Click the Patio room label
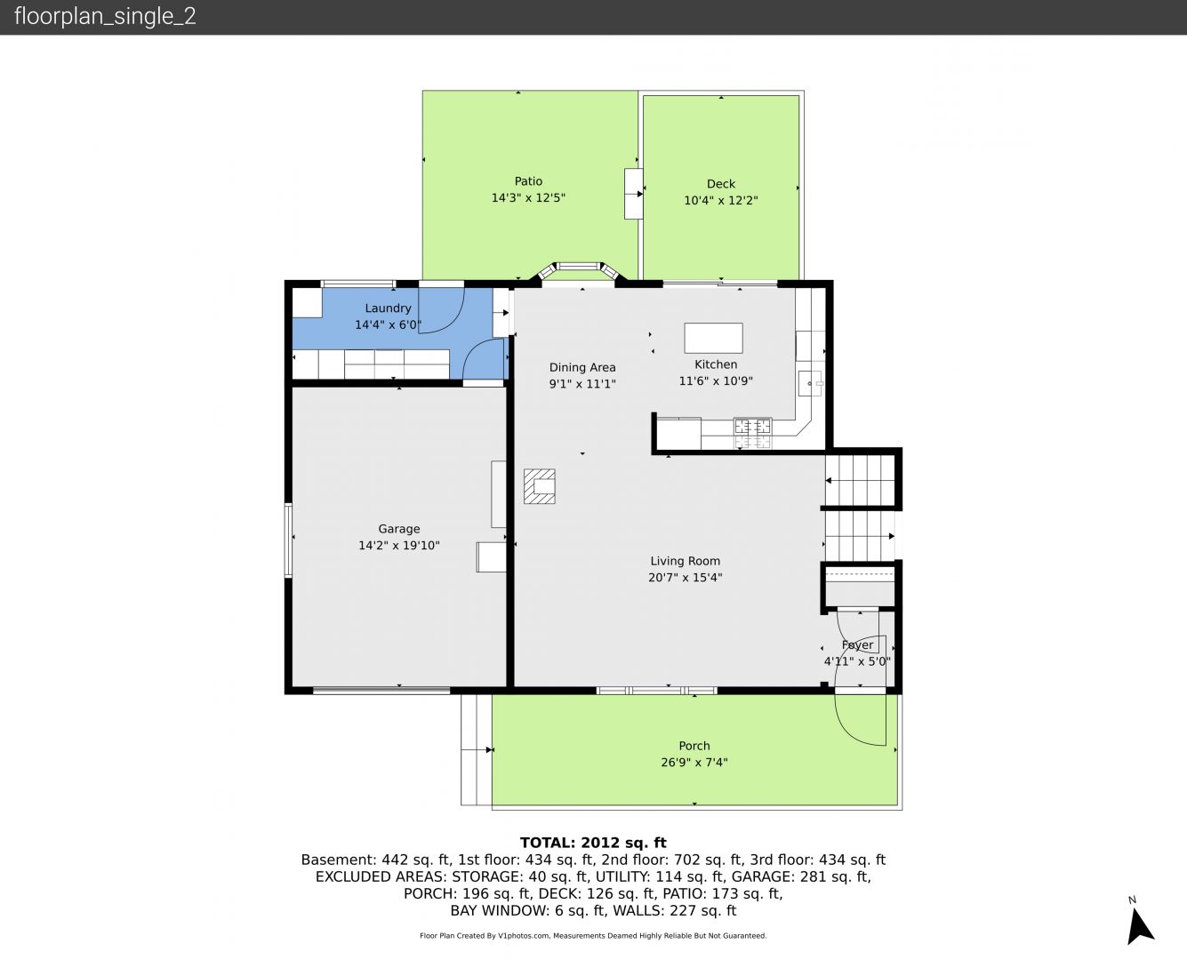click(528, 181)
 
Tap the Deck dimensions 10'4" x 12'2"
click(720, 201)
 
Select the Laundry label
click(388, 308)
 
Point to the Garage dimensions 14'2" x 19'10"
click(399, 546)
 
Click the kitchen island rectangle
click(713, 338)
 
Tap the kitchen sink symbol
click(810, 383)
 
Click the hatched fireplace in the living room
click(540, 486)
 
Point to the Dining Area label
click(582, 367)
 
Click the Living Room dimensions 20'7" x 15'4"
click(685, 577)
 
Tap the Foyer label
click(857, 644)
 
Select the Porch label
click(694, 746)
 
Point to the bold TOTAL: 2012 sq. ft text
click(593, 843)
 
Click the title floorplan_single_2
click(105, 16)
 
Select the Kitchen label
click(716, 364)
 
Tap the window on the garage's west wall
click(288, 540)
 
